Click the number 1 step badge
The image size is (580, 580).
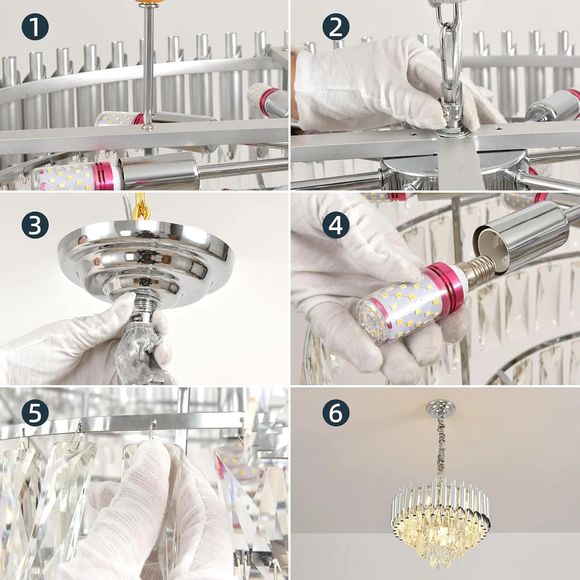point(35,27)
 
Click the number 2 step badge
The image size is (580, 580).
point(336,27)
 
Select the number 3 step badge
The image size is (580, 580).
point(35,225)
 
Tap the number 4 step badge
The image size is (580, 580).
point(336,225)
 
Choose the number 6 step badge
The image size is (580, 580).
point(336,413)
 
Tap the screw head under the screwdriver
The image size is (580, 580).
point(147,126)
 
